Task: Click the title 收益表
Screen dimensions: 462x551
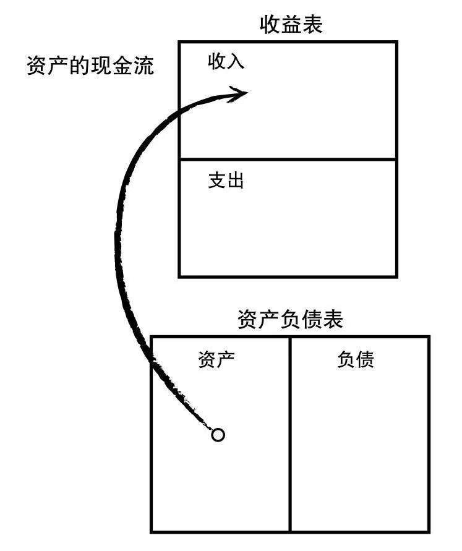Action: point(291,25)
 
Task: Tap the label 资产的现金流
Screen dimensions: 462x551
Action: point(90,66)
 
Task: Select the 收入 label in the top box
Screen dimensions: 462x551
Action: point(226,62)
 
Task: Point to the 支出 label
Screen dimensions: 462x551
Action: point(226,181)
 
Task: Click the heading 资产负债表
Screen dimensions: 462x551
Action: point(290,320)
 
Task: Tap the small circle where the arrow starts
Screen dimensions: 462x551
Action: point(218,435)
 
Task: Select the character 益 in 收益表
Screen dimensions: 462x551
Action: point(291,25)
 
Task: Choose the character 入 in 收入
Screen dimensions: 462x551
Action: point(235,62)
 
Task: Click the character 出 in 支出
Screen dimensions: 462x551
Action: point(235,181)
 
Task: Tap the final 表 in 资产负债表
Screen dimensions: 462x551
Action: point(332,320)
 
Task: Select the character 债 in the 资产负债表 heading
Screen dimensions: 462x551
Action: point(311,320)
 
